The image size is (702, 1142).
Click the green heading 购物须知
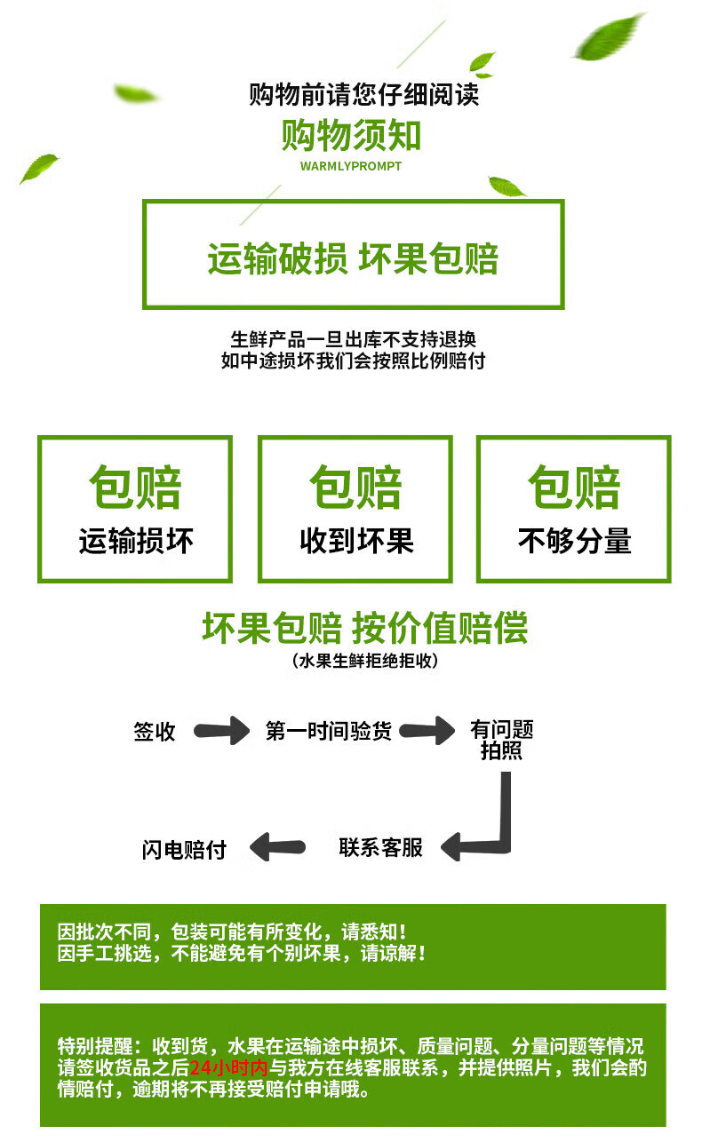click(351, 136)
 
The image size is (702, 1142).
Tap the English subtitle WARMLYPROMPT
click(351, 166)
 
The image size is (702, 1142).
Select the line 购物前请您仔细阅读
click(363, 94)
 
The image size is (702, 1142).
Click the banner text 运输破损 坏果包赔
click(353, 258)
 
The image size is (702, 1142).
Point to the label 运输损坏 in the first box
click(136, 541)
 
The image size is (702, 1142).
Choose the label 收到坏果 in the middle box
click(356, 541)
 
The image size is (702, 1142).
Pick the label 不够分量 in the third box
click(574, 541)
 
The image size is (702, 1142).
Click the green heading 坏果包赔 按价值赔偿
click(365, 628)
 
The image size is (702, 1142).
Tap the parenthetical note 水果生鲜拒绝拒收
click(365, 661)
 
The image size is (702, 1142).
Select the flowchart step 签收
click(154, 732)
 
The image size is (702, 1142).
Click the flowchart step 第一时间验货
click(329, 731)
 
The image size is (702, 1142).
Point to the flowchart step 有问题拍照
click(501, 740)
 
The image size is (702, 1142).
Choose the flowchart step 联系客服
click(380, 847)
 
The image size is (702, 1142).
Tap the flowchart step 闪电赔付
click(184, 849)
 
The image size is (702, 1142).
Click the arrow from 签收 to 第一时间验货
click(221, 731)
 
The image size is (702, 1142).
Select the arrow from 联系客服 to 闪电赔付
click(277, 847)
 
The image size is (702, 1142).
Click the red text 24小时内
click(228, 1067)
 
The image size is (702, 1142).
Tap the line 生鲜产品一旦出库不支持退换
click(353, 339)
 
